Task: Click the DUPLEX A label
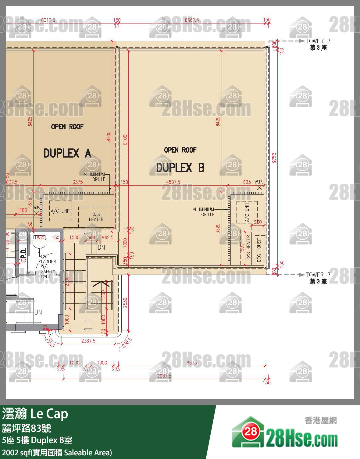[67, 153]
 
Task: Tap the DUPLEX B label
[180, 167]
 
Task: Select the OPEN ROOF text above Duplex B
[180, 150]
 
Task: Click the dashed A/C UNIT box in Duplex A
[61, 211]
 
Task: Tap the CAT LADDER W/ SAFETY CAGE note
[48, 267]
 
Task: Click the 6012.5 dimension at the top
[48, 20]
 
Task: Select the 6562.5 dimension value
[192, 20]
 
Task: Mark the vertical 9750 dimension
[274, 158]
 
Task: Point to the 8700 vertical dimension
[109, 136]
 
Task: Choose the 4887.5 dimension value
[173, 182]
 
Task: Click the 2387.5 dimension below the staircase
[88, 341]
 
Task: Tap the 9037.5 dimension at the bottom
[164, 376]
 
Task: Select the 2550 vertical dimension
[125, 303]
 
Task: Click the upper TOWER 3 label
[318, 41]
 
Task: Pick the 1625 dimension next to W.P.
[246, 182]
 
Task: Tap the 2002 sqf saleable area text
[57, 453]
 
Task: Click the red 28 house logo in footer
[251, 431]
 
